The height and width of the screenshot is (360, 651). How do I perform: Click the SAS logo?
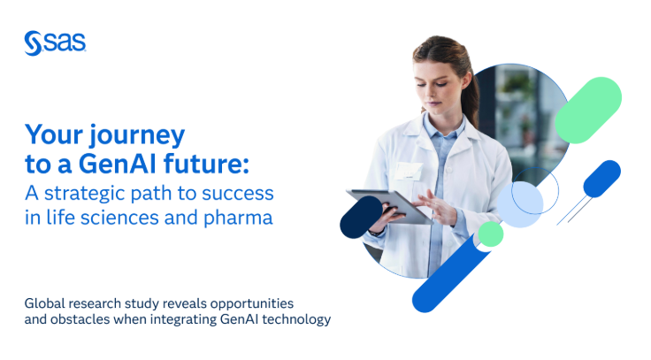click(x=55, y=42)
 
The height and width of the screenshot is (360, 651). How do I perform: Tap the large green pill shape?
click(x=588, y=110)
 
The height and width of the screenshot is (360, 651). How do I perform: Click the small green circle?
click(x=490, y=234)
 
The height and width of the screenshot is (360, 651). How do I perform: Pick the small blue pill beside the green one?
click(x=601, y=179)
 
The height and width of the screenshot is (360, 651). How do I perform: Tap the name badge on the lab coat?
click(x=409, y=170)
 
